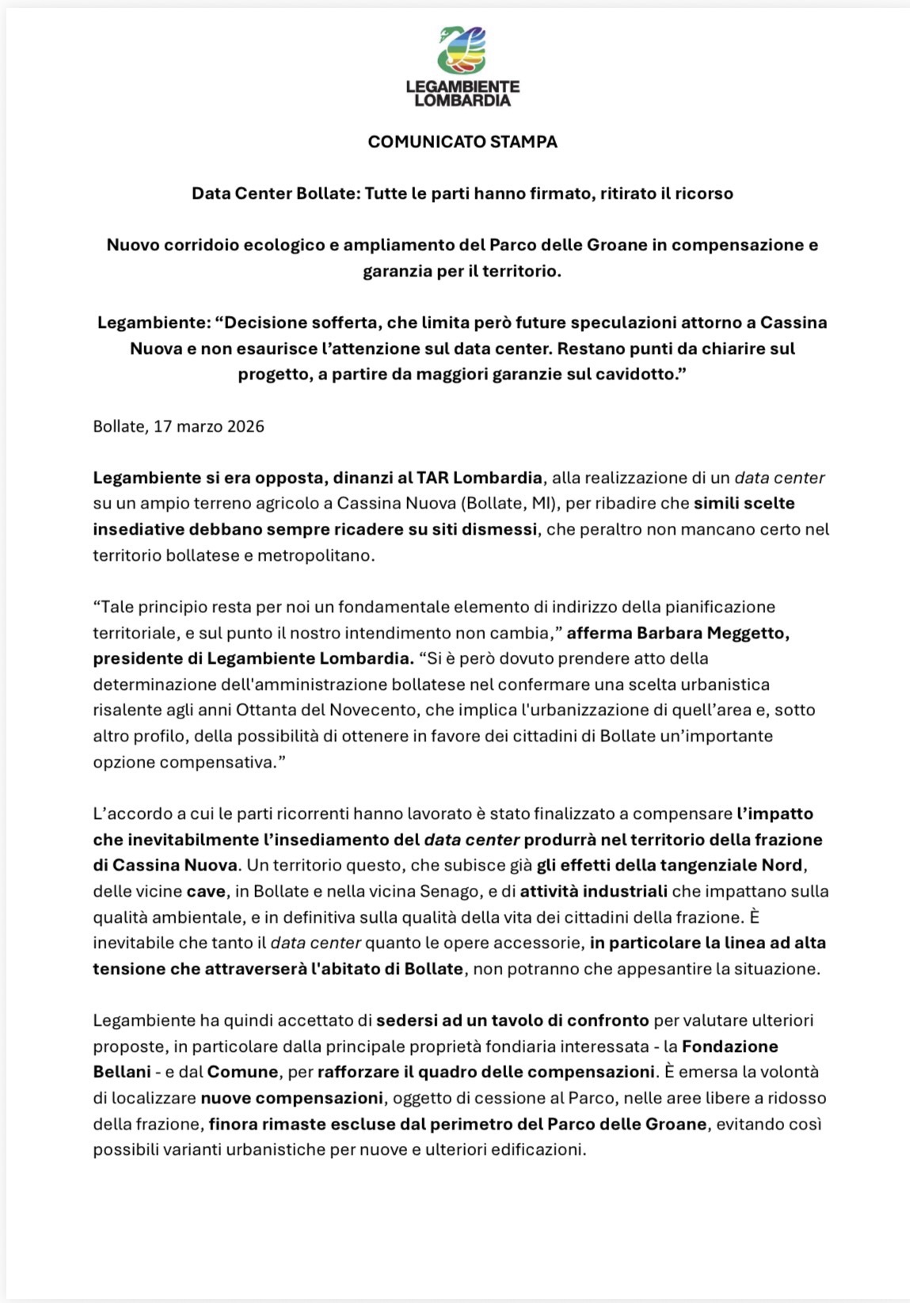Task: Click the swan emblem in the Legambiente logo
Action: [x=463, y=50]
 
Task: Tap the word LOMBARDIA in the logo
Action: [x=463, y=101]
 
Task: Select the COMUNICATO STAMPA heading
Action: [x=463, y=142]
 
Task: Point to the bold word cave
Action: [x=207, y=891]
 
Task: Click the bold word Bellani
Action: [x=122, y=1072]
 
